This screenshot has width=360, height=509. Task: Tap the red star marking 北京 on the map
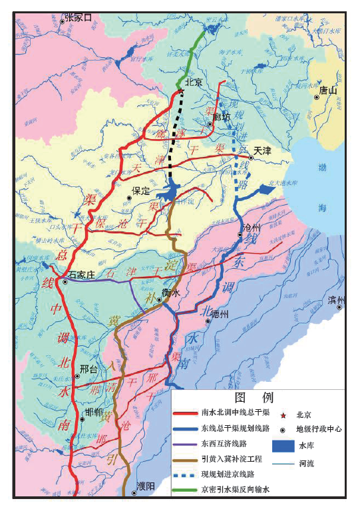pos(180,91)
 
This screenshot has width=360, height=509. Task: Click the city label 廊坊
pos(222,118)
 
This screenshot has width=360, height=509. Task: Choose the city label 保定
pos(141,190)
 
